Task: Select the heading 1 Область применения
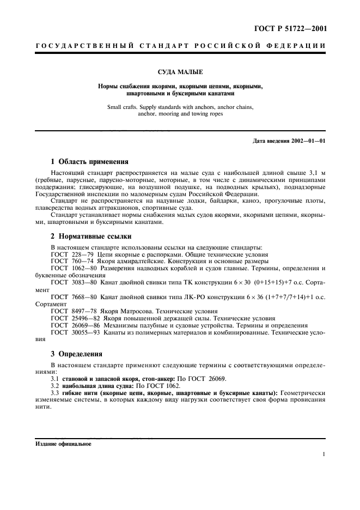click(89, 161)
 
